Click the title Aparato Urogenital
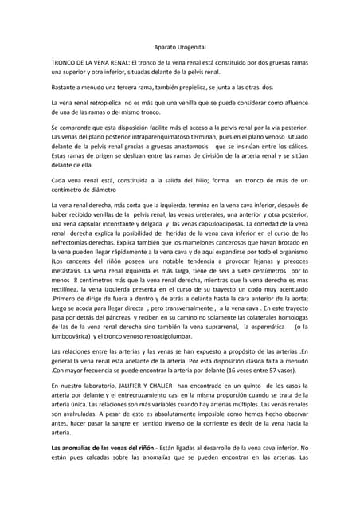tap(179, 48)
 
